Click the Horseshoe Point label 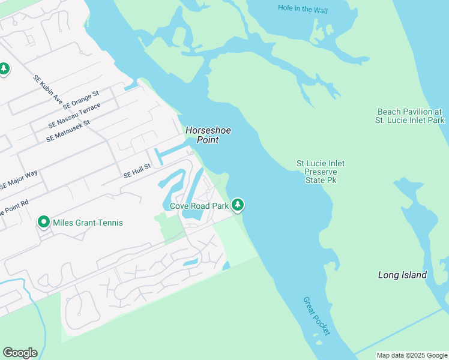point(208,135)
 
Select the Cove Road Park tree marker point(238,205)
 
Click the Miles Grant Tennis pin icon point(43,223)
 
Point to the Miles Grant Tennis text point(88,223)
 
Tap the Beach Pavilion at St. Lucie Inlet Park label point(411,116)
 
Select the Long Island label point(402,275)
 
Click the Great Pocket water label point(316,316)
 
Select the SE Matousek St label point(67,131)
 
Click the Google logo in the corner point(20,353)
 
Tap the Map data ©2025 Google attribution point(411,355)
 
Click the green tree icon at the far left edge point(4,69)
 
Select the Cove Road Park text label point(199,206)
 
